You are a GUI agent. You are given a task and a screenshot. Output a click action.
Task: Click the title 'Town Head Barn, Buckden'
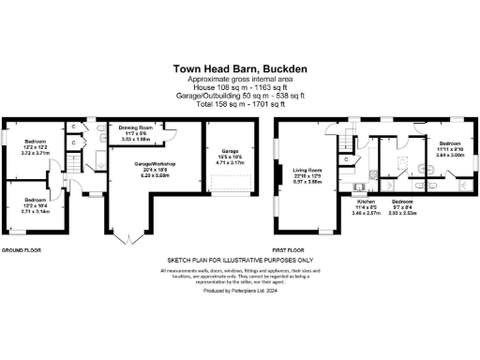239,67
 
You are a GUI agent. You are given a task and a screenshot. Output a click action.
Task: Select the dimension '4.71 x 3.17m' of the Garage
230,161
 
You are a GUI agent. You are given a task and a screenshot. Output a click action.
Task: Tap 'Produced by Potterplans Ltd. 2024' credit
240,292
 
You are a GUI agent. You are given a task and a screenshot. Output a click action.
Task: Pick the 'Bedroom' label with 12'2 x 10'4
36,200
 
